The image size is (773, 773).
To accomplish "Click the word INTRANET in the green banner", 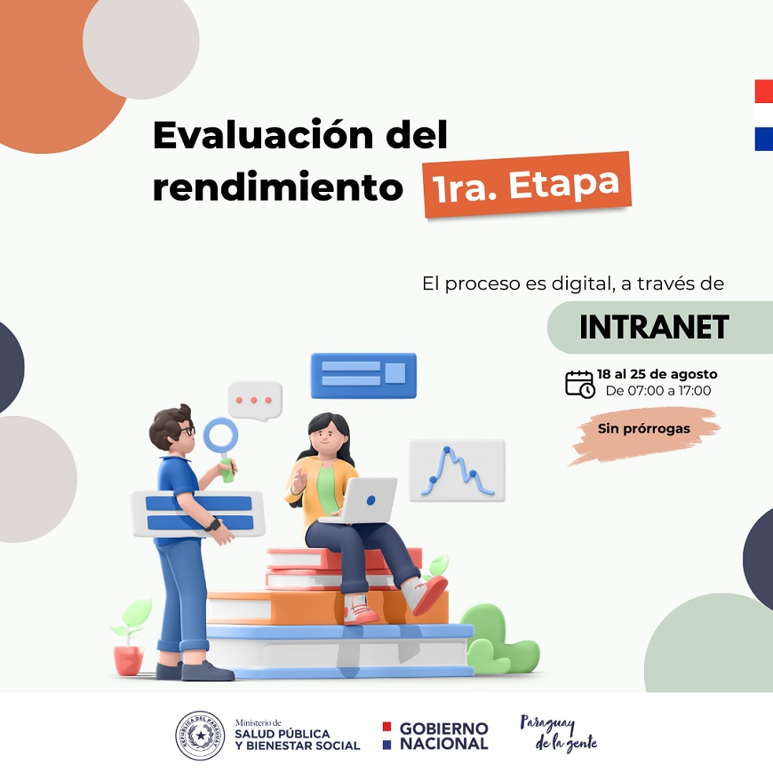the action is [654, 327].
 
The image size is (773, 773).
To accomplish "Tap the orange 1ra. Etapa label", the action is [527, 185].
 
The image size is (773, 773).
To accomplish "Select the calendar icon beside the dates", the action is [579, 384].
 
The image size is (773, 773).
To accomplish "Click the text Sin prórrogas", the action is [644, 428].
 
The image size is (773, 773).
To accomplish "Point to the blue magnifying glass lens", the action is [220, 435].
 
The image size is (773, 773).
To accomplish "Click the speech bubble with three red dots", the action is [255, 401].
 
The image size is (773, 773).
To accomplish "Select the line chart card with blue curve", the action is [457, 470].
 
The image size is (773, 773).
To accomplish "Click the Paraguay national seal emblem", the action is [200, 736].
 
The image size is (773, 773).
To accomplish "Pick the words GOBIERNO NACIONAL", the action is [443, 736].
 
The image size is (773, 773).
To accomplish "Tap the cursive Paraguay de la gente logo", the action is [559, 734].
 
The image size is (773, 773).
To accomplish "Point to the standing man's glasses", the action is [187, 431].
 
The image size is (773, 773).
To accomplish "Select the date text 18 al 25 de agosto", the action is [657, 374].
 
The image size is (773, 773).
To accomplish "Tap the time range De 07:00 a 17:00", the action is [658, 391].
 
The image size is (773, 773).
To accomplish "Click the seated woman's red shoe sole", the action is [430, 595].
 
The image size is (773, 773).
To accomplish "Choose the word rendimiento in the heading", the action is [277, 187].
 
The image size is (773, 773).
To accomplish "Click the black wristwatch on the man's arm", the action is [213, 523].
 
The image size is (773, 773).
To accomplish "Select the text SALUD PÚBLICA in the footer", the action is [283, 734].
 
